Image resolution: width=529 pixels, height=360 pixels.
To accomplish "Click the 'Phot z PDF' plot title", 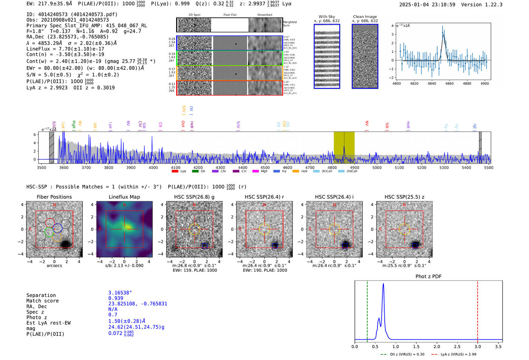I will click(428, 277).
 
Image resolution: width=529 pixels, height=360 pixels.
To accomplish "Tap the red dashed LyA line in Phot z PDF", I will click(478, 310).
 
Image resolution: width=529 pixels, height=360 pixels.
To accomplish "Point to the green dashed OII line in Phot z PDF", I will click(367, 310).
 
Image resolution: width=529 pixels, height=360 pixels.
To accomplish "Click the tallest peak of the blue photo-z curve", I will click(383, 284).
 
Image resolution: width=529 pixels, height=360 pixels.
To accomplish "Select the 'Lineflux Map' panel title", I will click(124, 197).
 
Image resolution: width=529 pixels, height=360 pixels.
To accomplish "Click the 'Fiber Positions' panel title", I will click(54, 197).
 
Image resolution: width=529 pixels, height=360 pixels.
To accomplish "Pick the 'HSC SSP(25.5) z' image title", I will click(404, 197).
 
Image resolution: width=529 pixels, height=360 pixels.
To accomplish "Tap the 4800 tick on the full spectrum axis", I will click(332, 168).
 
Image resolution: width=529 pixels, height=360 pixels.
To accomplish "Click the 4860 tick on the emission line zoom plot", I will click(449, 83).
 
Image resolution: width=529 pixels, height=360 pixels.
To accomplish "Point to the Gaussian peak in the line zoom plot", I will click(443, 35).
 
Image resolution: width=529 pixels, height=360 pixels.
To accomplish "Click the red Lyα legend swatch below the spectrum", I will click(175, 171).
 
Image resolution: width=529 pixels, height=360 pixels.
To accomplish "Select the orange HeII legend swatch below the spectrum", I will click(295, 171).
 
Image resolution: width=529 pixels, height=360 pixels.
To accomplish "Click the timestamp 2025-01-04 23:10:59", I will click(427, 5).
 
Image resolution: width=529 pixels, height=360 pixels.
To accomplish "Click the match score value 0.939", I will click(116, 298).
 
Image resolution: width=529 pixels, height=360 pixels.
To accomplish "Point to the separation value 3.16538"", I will click(120, 293).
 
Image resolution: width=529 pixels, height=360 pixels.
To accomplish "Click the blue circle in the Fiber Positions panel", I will click(57, 228).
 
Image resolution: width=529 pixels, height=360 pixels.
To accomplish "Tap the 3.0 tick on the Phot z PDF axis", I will click(478, 346).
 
